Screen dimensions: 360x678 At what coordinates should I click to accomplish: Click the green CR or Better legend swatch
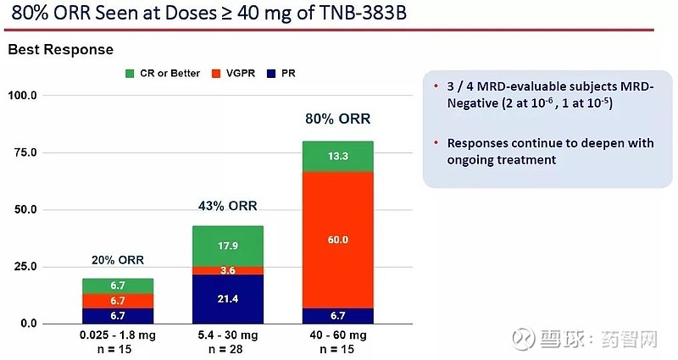click(130, 73)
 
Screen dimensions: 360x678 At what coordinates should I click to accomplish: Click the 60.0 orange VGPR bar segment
click(337, 240)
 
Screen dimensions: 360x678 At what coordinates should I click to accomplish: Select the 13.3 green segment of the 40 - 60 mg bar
click(337, 156)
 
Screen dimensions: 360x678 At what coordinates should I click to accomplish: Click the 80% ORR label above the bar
click(337, 119)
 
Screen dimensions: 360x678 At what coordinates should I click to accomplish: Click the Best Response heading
click(60, 50)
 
